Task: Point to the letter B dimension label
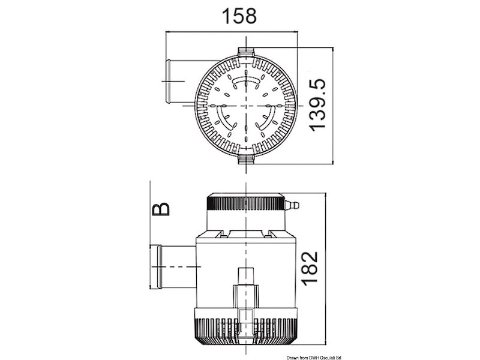coord(160,208)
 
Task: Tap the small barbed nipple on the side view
coord(292,206)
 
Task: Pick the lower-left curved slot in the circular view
coord(224,117)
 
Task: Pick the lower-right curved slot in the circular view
coord(269,118)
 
